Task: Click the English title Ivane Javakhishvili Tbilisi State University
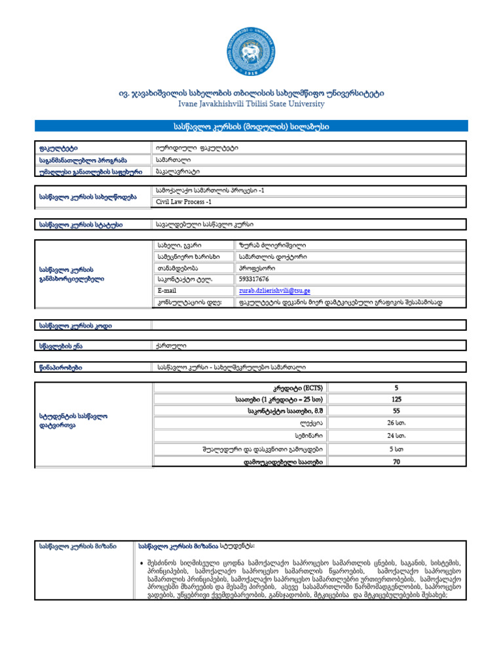coord(251,104)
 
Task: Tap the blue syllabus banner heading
coord(251,126)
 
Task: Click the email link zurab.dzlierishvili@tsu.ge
coord(274,290)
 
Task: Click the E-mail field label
coord(167,290)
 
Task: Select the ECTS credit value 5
coord(396,387)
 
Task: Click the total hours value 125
coord(396,398)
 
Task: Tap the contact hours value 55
coord(396,410)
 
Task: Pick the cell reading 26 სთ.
coord(396,423)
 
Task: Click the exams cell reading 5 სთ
coord(396,450)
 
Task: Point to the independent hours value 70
coord(396,462)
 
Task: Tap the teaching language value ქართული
coord(172,345)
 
